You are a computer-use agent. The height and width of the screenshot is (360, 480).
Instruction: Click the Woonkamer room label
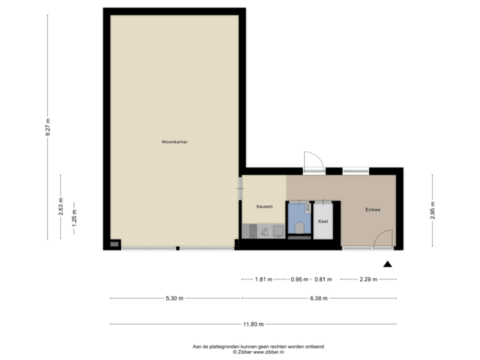pyautogui.click(x=174, y=142)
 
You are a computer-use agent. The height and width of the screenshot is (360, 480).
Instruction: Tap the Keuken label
pyautogui.click(x=265, y=207)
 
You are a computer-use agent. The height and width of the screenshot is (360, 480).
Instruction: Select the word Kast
pyautogui.click(x=323, y=221)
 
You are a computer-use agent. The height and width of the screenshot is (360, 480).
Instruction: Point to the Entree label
pyautogui.click(x=372, y=210)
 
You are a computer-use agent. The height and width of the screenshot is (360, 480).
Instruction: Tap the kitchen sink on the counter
pyautogui.click(x=265, y=232)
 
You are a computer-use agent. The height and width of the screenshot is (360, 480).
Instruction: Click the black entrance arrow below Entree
pyautogui.click(x=388, y=263)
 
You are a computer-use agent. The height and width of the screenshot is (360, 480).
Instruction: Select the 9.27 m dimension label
pyautogui.click(x=48, y=127)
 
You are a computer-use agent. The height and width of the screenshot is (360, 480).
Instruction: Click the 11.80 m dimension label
pyautogui.click(x=253, y=325)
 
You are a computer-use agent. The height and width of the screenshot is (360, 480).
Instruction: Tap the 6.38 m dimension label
pyautogui.click(x=318, y=298)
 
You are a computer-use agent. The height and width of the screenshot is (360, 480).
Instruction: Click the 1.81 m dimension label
pyautogui.click(x=264, y=279)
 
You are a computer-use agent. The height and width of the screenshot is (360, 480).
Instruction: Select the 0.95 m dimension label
pyautogui.click(x=298, y=279)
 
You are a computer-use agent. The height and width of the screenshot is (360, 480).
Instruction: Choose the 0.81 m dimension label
pyautogui.click(x=323, y=279)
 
